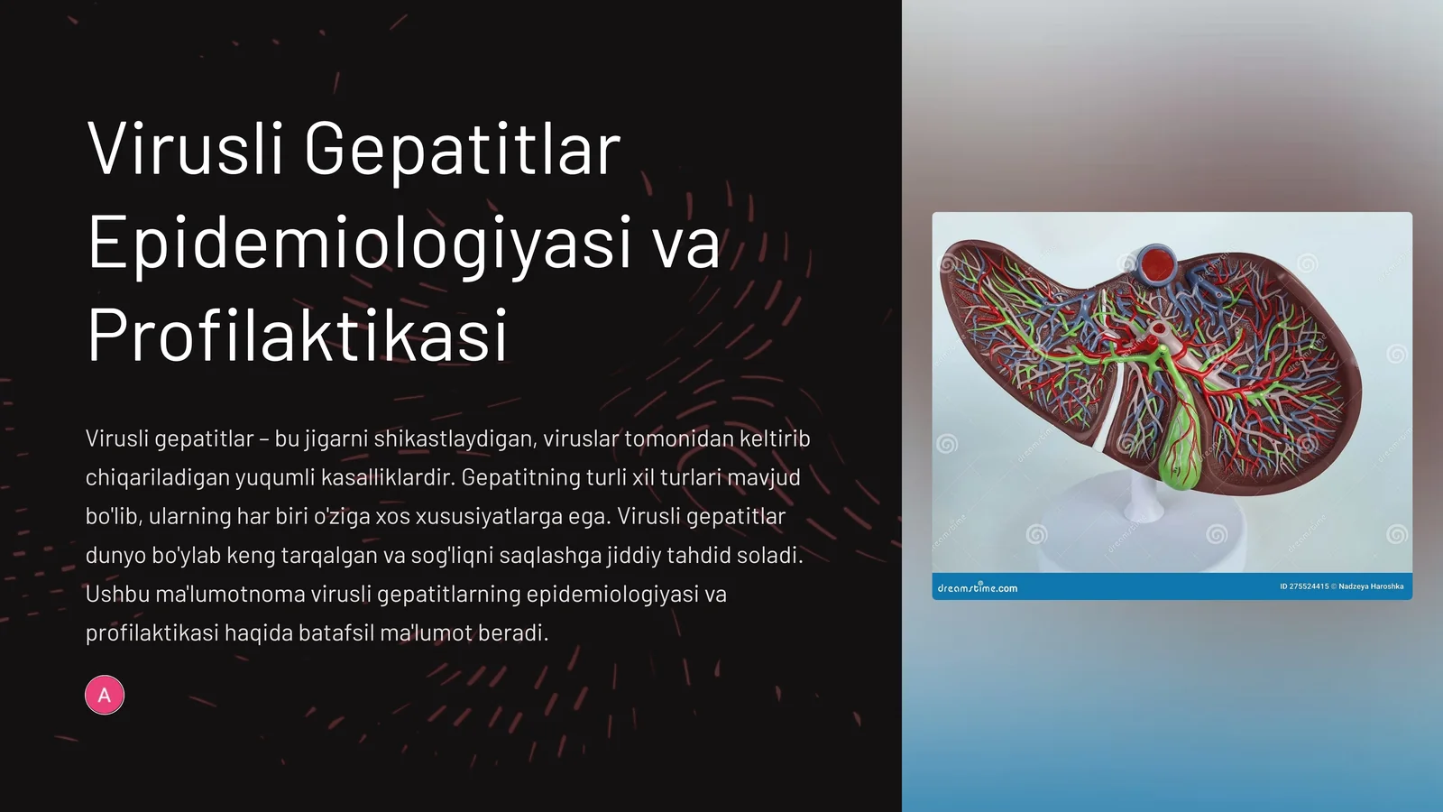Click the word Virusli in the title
click(185, 149)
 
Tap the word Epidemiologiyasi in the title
click(359, 244)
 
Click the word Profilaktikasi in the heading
click(298, 336)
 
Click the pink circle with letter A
click(105, 695)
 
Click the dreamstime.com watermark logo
click(978, 588)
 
